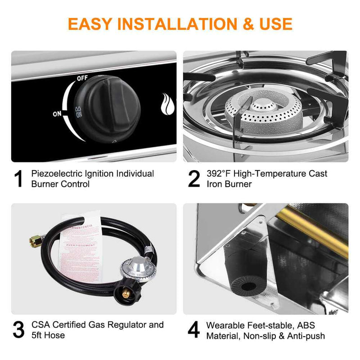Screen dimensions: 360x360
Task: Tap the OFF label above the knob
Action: (x=82, y=78)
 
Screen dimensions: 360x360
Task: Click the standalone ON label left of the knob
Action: (x=57, y=114)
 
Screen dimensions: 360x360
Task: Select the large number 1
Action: (x=18, y=179)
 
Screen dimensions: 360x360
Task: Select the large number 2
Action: (x=193, y=179)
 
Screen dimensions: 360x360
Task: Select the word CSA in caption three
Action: (x=40, y=325)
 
